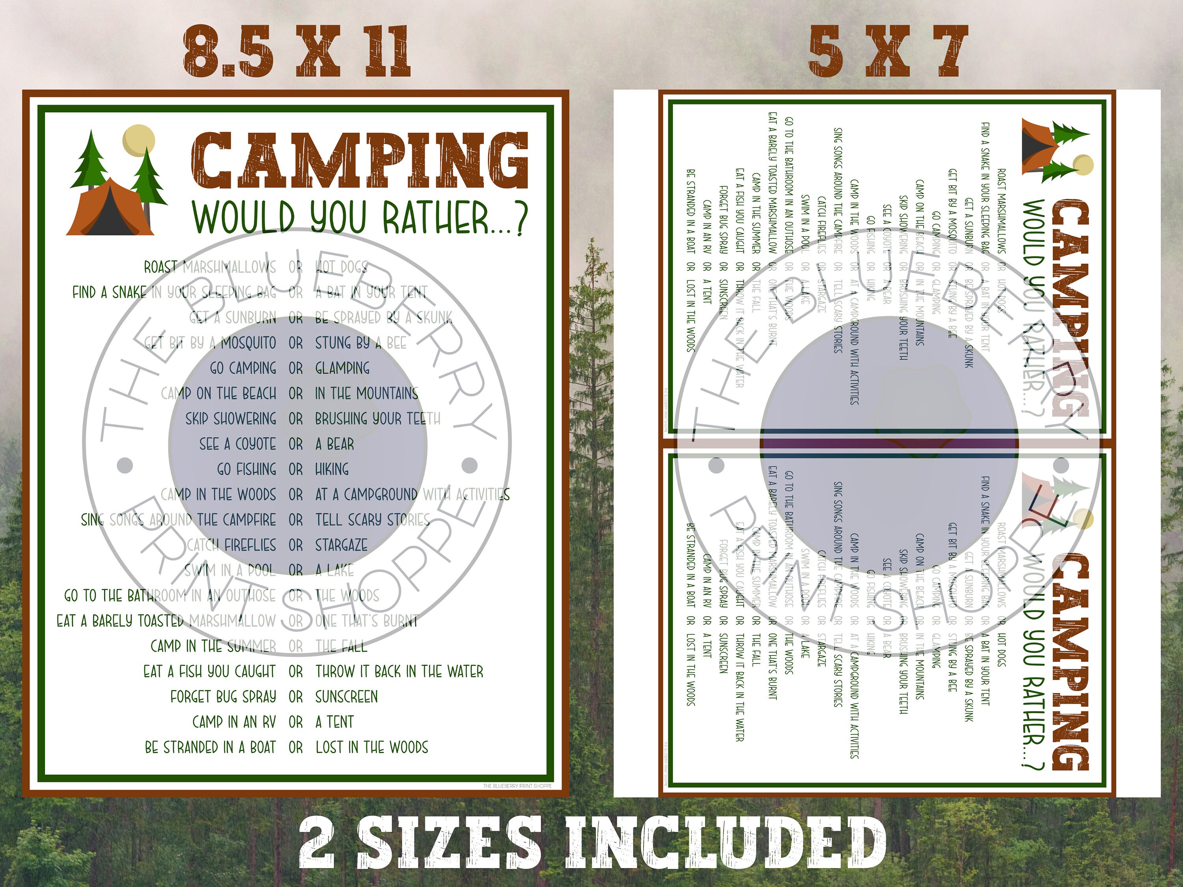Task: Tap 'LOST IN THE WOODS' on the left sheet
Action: pos(372,747)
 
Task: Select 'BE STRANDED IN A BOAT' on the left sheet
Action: pos(210,747)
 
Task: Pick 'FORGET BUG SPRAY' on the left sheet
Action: pos(223,697)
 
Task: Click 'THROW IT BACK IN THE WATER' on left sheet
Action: pos(399,671)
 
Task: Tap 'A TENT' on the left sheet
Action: pos(334,722)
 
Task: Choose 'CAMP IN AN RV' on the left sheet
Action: pos(234,722)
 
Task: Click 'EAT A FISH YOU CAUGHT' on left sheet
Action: pos(209,671)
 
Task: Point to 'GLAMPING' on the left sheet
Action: pos(342,368)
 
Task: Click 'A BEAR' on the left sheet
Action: pos(334,444)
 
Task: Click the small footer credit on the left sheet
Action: pos(517,785)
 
